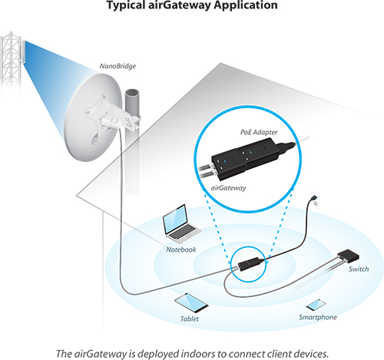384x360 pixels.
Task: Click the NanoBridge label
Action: pos(118,66)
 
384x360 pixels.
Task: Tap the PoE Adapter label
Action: pos(259,132)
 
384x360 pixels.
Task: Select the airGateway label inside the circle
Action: pos(228,188)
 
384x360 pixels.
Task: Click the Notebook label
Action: pos(181,249)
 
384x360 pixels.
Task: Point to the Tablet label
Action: pos(190,319)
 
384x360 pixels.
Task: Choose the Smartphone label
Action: pos(318,317)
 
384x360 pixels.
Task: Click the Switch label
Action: pos(359,269)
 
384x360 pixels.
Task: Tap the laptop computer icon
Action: pos(181,224)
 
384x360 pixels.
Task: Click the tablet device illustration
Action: pos(191,303)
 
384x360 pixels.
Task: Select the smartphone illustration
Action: pos(316,305)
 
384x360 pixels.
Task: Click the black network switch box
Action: pos(348,256)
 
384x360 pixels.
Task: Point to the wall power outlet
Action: pos(315,200)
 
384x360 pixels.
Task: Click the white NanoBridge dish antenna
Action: pos(93,117)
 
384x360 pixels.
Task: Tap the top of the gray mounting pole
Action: pos(132,93)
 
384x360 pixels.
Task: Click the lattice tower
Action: pos(11,63)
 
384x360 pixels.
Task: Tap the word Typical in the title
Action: pos(125,5)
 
